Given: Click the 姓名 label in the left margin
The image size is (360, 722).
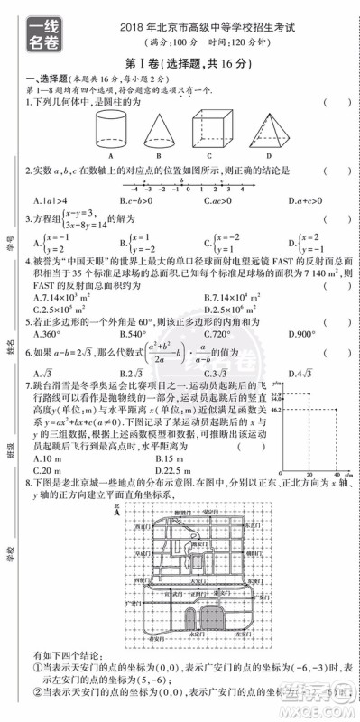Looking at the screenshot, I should pyautogui.click(x=12, y=347).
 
